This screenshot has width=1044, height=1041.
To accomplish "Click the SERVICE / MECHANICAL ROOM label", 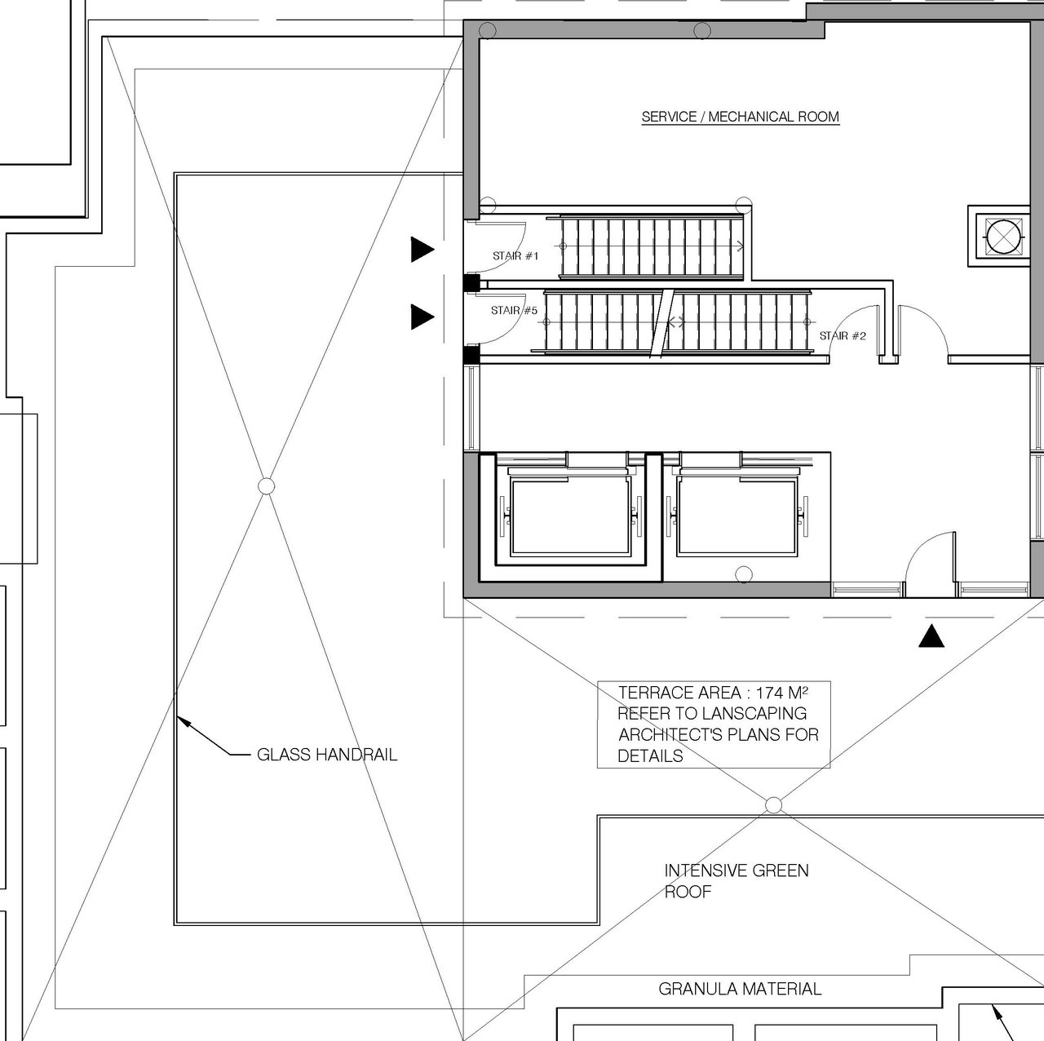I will coord(740,117).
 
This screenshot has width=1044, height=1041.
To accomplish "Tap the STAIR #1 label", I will coord(515,256).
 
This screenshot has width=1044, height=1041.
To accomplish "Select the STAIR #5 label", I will coord(514,311).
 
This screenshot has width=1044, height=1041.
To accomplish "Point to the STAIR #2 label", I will coord(843,336).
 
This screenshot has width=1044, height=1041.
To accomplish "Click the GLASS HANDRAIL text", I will coord(327,755).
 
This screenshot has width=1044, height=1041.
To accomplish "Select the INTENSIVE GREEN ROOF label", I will coord(736,881).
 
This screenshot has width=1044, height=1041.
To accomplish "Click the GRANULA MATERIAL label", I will coord(740,989).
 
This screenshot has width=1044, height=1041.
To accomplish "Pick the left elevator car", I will coord(570,516).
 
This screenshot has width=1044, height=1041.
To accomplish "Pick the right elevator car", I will coord(737,516).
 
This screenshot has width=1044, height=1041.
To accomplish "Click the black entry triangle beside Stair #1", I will coord(422,250).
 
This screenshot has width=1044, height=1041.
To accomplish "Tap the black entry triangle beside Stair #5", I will coord(422,317).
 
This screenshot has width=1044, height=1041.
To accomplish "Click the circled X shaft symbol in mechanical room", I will coord(1003,237).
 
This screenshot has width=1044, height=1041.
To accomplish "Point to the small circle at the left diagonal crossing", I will coord(266,486).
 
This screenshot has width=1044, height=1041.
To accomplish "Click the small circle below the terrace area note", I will coord(774,805).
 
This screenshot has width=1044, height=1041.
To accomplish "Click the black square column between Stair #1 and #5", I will coord(471,283).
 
